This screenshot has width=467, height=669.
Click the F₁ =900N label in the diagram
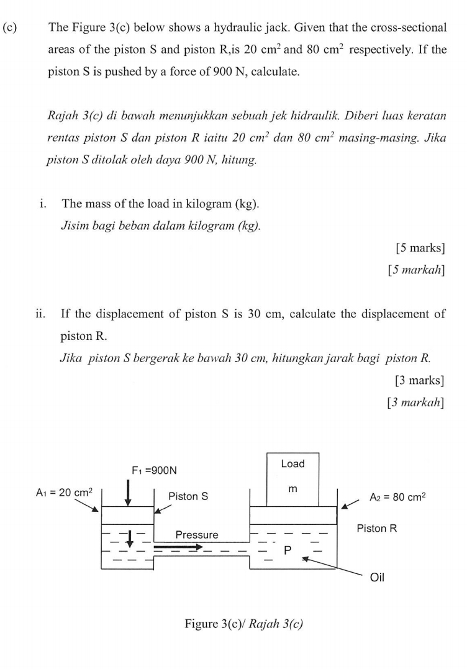(154, 470)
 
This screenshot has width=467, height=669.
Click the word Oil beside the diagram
(377, 578)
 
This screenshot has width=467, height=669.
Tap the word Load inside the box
(292, 464)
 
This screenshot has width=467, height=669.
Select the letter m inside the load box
(292, 489)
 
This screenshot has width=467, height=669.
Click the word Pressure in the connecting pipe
(197, 535)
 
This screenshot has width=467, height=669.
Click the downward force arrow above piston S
(127, 492)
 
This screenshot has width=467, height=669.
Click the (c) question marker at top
(11, 28)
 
